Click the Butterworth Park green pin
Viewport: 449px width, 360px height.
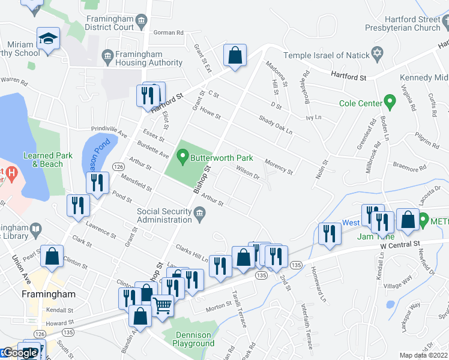[182, 157]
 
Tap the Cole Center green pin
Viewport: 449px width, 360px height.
[390, 103]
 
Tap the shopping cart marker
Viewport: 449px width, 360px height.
[163, 306]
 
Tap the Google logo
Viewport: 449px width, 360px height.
[20, 353]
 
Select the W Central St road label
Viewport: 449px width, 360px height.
[401, 245]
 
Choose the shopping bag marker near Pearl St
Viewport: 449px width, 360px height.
[52, 256]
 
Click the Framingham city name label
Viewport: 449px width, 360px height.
[49, 295]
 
